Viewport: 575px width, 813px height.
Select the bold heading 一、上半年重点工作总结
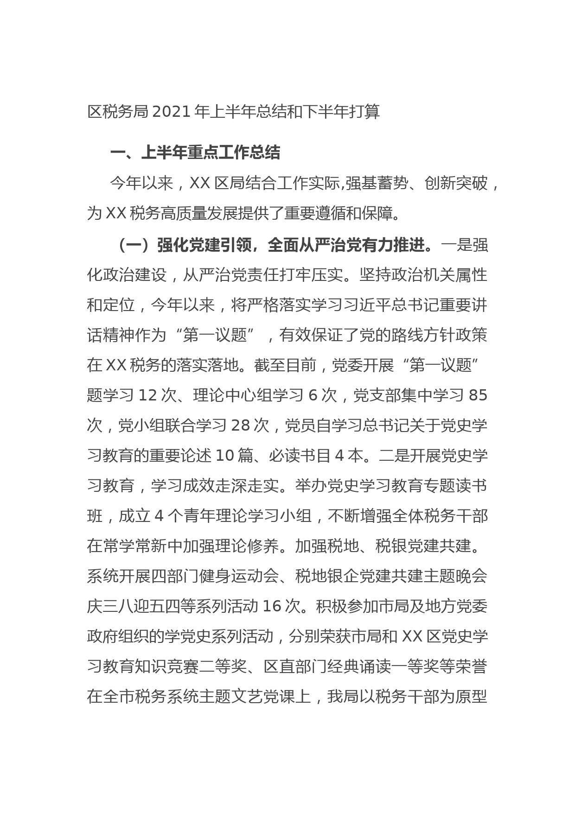(x=195, y=153)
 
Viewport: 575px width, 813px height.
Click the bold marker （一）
(x=134, y=245)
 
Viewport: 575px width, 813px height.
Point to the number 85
(x=478, y=396)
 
